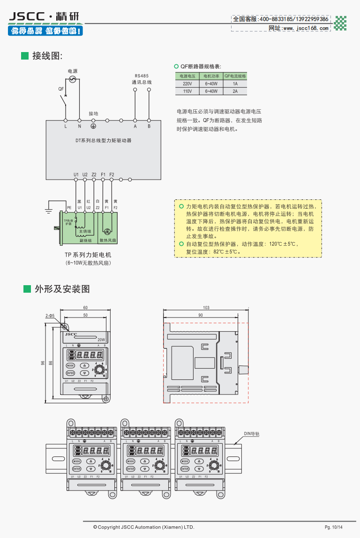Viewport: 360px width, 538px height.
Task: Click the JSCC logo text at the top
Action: click(27, 17)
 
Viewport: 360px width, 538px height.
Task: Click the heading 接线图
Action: click(47, 56)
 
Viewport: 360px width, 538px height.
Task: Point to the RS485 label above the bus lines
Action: click(142, 76)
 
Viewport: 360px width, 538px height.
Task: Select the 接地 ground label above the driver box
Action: click(93, 114)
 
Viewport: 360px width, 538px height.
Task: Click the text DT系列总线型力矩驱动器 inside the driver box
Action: click(104, 140)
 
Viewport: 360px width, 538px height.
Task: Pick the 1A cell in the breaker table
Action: click(235, 83)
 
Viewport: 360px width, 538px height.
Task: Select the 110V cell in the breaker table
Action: click(187, 91)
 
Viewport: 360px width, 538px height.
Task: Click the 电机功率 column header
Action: click(211, 76)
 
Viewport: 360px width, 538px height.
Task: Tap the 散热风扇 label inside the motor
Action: click(108, 240)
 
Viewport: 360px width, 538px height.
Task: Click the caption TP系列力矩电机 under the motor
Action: click(88, 255)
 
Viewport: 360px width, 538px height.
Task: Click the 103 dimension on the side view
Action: click(206, 308)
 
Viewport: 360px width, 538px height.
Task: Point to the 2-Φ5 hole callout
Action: click(50, 316)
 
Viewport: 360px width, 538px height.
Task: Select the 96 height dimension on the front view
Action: click(43, 364)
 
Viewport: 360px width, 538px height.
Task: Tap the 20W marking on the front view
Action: click(101, 339)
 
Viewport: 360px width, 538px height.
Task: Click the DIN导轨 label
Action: click(251, 434)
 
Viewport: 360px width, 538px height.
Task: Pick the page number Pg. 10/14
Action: click(334, 527)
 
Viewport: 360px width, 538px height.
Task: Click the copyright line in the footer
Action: click(143, 527)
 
